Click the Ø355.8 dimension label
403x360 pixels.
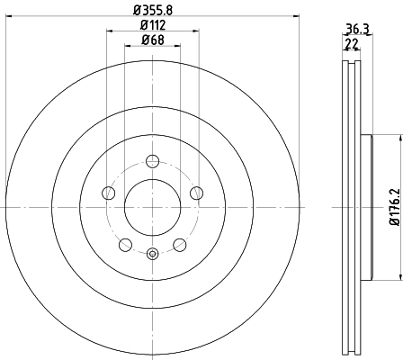(153, 10)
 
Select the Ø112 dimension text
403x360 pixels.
(153, 25)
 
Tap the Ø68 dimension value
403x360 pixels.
(153, 40)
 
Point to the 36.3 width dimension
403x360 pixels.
(357, 29)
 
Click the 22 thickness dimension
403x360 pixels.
(352, 44)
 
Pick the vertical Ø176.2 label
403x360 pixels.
(395, 207)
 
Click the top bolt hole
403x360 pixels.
(152, 161)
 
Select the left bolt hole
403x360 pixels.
(109, 193)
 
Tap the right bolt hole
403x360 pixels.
(196, 193)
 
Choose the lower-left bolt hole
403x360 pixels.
(125, 245)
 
